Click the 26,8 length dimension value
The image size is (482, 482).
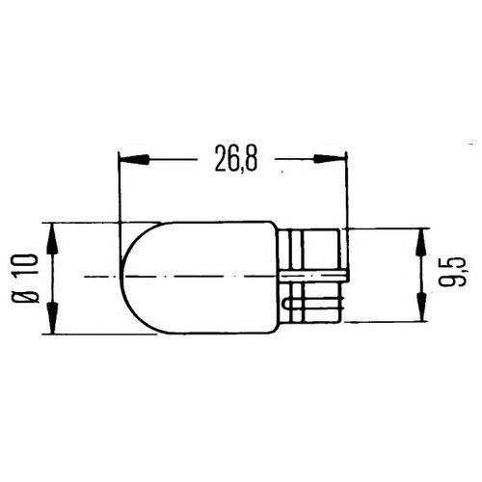click(236, 159)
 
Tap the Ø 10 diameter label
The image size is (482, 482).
click(26, 279)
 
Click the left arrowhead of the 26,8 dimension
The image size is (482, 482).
click(134, 159)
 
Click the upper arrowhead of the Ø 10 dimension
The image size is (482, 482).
click(53, 238)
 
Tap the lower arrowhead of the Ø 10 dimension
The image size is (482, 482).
click(53, 318)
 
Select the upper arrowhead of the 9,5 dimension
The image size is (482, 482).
click(421, 244)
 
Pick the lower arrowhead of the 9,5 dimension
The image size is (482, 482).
click(421, 306)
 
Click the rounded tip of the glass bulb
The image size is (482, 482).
click(120, 277)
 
